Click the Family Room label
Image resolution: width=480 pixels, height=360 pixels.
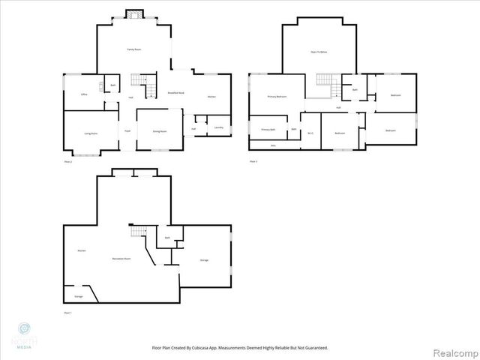(x=133, y=49)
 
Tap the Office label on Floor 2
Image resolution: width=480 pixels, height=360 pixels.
(x=84, y=94)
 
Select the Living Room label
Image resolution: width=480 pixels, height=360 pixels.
(x=91, y=133)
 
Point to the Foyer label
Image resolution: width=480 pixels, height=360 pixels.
(x=127, y=130)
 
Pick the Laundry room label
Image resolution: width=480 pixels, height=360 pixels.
(x=218, y=127)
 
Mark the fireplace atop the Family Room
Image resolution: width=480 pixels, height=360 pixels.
(x=133, y=14)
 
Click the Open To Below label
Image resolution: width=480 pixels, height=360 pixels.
(x=319, y=52)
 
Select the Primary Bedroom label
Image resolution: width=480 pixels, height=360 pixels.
(x=277, y=97)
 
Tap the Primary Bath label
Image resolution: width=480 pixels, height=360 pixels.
(x=268, y=129)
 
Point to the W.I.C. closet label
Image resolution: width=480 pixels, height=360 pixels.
(x=310, y=133)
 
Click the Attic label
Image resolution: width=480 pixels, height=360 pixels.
(x=274, y=145)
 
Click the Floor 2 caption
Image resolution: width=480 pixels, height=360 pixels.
(x=67, y=161)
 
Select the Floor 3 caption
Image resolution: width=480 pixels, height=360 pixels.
(x=253, y=161)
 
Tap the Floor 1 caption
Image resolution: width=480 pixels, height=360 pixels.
(x=67, y=312)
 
